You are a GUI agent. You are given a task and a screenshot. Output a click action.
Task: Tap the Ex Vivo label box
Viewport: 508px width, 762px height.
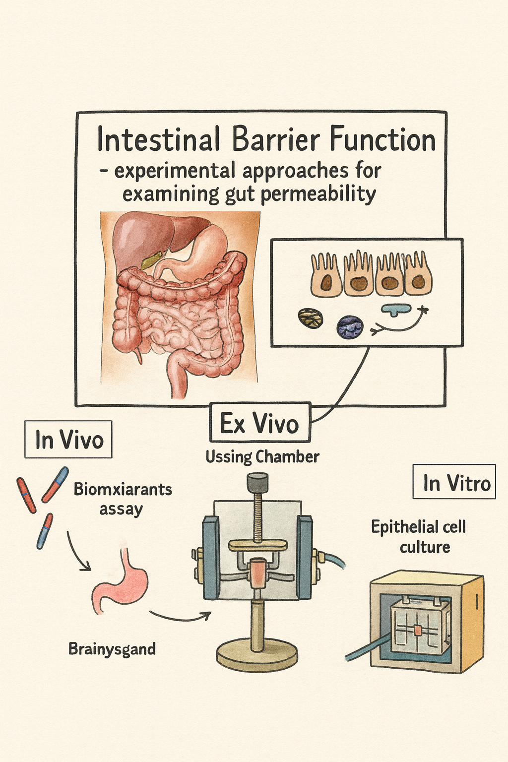(x=260, y=423)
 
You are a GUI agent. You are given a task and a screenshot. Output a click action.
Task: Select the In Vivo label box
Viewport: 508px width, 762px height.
(x=68, y=440)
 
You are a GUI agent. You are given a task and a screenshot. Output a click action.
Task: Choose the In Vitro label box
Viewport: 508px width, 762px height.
(x=454, y=482)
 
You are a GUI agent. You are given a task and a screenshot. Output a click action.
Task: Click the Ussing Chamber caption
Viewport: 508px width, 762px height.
(x=262, y=456)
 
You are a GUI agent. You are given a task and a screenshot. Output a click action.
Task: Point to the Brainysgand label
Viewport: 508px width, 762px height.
(x=112, y=649)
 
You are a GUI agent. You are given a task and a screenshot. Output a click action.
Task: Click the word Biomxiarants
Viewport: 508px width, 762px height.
(x=123, y=489)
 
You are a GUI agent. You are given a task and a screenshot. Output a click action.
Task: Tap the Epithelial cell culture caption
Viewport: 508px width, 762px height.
(x=418, y=536)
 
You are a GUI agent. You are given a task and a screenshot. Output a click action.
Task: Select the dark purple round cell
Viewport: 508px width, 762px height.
(x=350, y=327)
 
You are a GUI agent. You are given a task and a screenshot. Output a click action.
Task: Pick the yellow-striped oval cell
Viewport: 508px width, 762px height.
(x=311, y=318)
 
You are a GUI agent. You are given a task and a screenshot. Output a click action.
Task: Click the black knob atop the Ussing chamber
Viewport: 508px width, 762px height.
(x=257, y=482)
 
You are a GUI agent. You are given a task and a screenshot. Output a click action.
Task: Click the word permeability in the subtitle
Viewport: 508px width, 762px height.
(x=317, y=193)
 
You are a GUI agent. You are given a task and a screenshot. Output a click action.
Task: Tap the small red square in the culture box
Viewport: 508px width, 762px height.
(x=418, y=630)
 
